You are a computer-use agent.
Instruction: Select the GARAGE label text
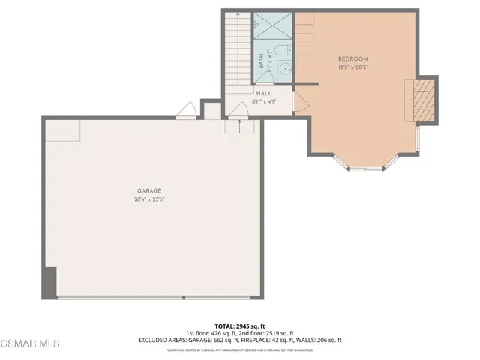coord(148,191)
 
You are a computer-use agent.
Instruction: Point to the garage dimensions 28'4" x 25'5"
coord(148,200)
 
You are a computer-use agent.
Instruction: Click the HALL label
coord(264,93)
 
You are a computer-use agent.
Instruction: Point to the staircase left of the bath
coord(236,49)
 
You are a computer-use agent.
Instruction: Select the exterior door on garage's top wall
coord(186,112)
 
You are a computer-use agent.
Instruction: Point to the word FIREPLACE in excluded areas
coord(269,340)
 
